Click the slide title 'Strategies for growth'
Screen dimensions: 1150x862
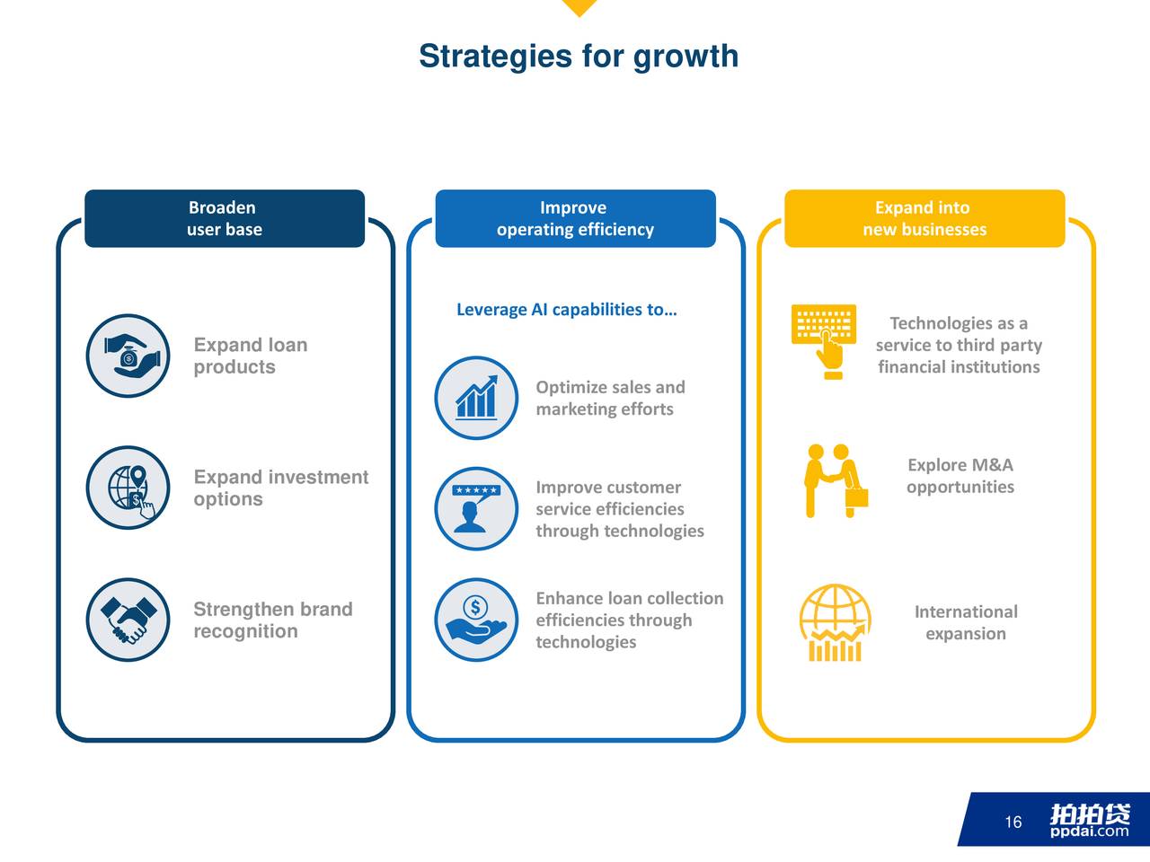pyautogui.click(x=579, y=57)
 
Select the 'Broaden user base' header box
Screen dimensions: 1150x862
pyautogui.click(x=225, y=218)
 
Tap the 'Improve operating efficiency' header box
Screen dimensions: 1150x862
pyautogui.click(x=575, y=218)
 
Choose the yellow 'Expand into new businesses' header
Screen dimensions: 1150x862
pyautogui.click(x=924, y=218)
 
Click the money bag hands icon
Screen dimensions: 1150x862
pyautogui.click(x=128, y=356)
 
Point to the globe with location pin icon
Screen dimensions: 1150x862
pyautogui.click(x=128, y=488)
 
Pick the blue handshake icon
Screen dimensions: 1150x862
pyautogui.click(x=128, y=620)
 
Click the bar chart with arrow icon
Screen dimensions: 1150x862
pyautogui.click(x=476, y=398)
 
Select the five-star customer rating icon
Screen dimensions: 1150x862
pyautogui.click(x=476, y=509)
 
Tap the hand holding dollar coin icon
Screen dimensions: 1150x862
pyautogui.click(x=476, y=620)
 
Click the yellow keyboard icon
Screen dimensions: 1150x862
pyautogui.click(x=824, y=341)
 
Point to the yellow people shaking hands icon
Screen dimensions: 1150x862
pyautogui.click(x=836, y=480)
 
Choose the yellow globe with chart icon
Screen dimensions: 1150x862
pyautogui.click(x=836, y=623)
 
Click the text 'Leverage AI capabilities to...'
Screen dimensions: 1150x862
pyautogui.click(x=567, y=310)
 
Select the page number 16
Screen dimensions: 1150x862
pyautogui.click(x=1013, y=822)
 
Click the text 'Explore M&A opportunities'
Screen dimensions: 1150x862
pyautogui.click(x=960, y=476)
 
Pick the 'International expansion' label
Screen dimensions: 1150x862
pyautogui.click(x=966, y=622)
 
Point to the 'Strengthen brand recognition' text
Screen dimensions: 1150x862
pyautogui.click(x=273, y=620)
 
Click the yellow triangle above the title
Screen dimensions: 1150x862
pyautogui.click(x=579, y=7)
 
